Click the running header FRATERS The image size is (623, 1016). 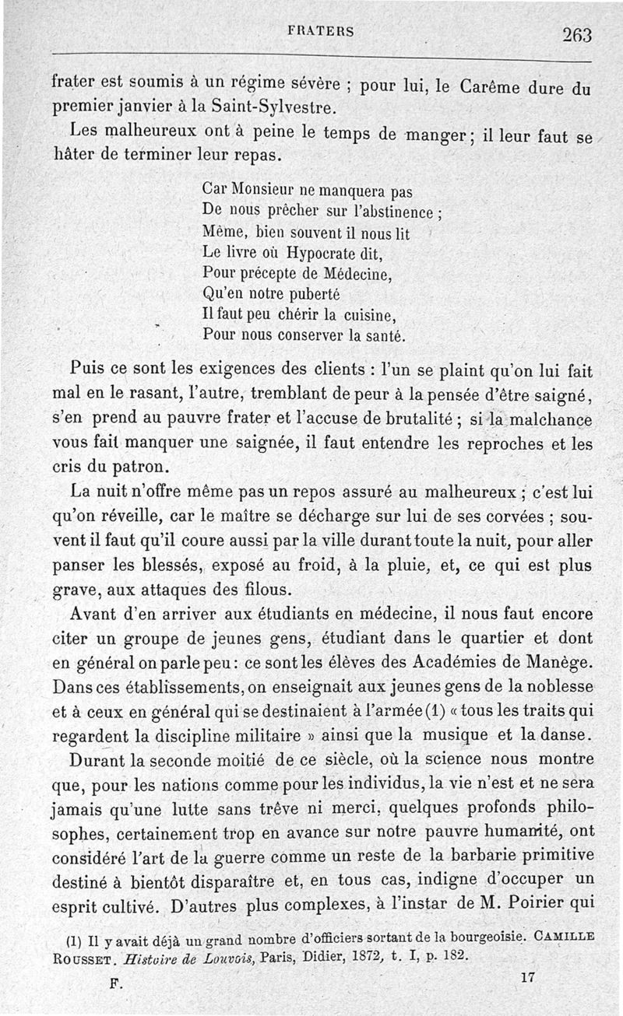(321, 32)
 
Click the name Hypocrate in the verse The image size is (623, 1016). (325, 253)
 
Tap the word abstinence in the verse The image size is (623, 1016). (394, 211)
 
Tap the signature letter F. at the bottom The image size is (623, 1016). (117, 983)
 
